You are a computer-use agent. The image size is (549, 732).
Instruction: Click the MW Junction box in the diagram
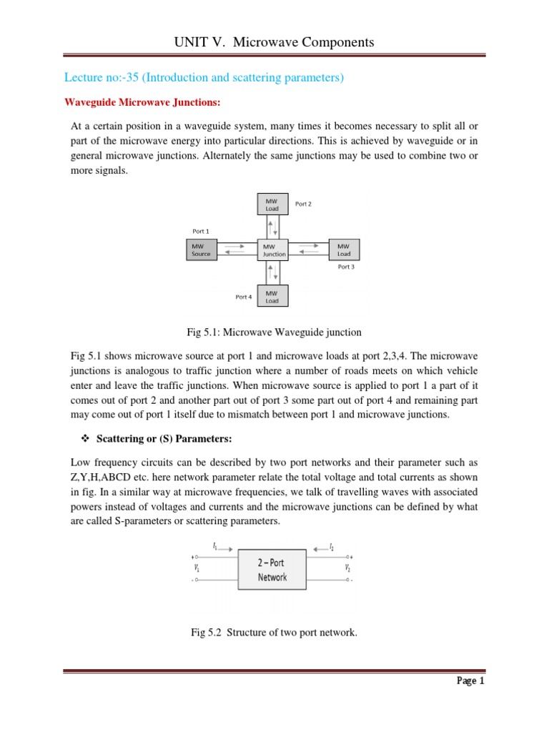point(274,249)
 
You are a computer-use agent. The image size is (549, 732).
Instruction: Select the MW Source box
point(202,249)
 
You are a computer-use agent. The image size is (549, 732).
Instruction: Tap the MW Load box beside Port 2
point(272,204)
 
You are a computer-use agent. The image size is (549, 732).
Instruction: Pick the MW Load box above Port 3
point(344,249)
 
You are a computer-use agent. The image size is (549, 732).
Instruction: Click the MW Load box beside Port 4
point(272,297)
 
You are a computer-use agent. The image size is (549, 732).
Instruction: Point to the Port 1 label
point(202,231)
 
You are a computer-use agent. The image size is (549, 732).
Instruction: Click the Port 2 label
point(303,204)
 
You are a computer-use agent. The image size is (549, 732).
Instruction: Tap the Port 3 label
point(346,267)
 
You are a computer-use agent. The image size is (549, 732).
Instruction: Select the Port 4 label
point(244,297)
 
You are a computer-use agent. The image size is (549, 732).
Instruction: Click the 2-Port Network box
point(272,570)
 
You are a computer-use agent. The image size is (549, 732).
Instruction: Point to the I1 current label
point(214,546)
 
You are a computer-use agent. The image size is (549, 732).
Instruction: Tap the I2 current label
point(332,547)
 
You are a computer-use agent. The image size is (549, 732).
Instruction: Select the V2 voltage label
point(348,568)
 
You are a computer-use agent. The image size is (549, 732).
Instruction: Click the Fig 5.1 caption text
point(274,332)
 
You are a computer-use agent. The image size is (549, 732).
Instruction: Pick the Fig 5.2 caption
point(274,633)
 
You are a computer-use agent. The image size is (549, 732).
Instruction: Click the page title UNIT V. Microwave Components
point(274,43)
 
